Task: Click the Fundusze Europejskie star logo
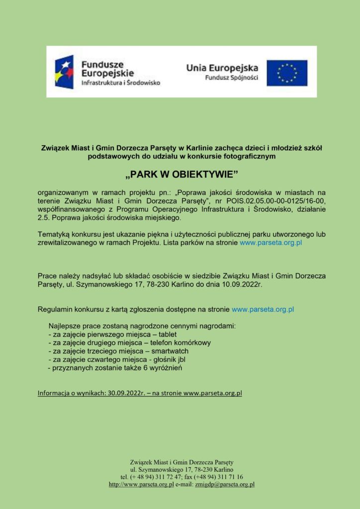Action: pos(64,72)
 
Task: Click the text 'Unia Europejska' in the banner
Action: pos(222,68)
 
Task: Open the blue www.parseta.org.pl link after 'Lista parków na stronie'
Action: pos(271,243)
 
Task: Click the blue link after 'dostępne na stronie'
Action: pos(263,309)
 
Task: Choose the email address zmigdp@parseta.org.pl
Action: pos(225,484)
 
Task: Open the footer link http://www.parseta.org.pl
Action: pos(141,484)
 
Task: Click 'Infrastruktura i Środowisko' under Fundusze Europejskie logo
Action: pos(120,83)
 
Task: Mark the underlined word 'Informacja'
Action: pos(54,393)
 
